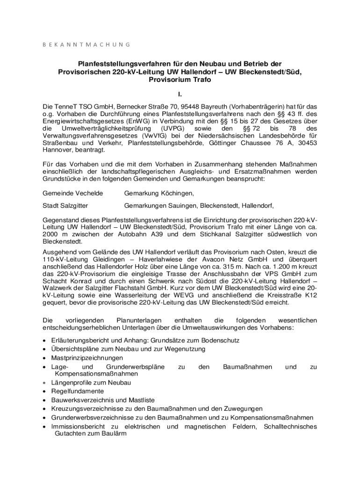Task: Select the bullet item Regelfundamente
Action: tap(78, 392)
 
